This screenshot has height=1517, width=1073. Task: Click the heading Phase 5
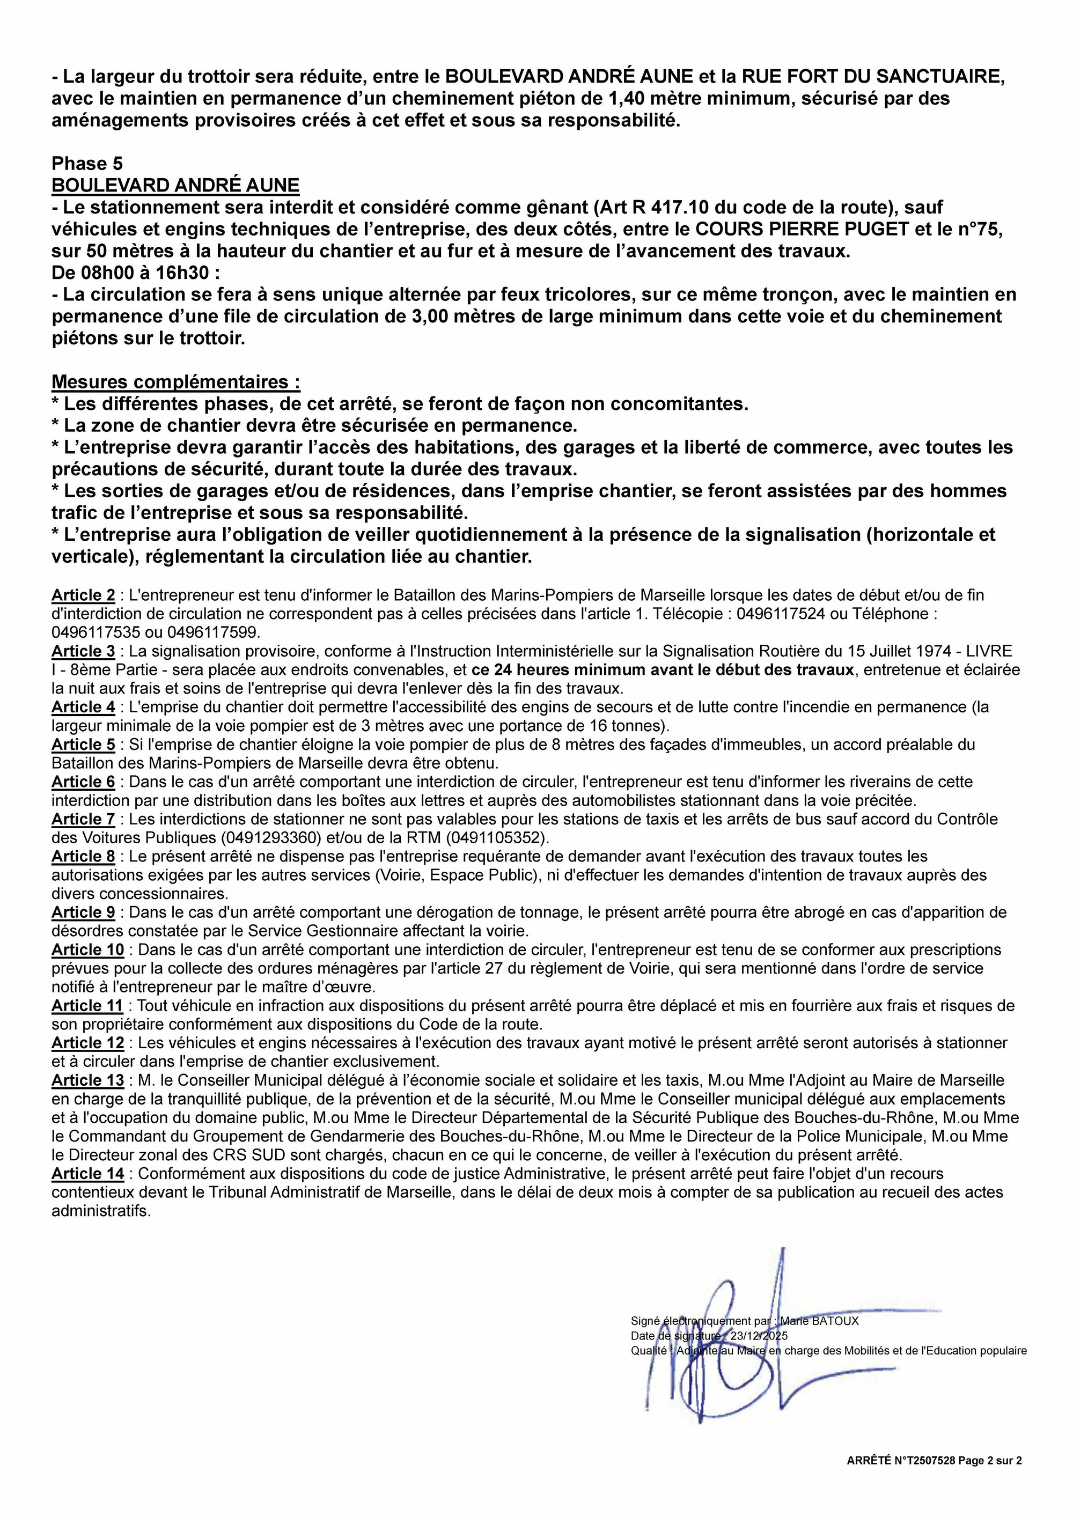87,163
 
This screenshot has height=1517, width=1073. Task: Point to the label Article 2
83,595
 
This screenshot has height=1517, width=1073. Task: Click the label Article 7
83,819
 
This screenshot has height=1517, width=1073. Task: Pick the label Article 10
87,950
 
